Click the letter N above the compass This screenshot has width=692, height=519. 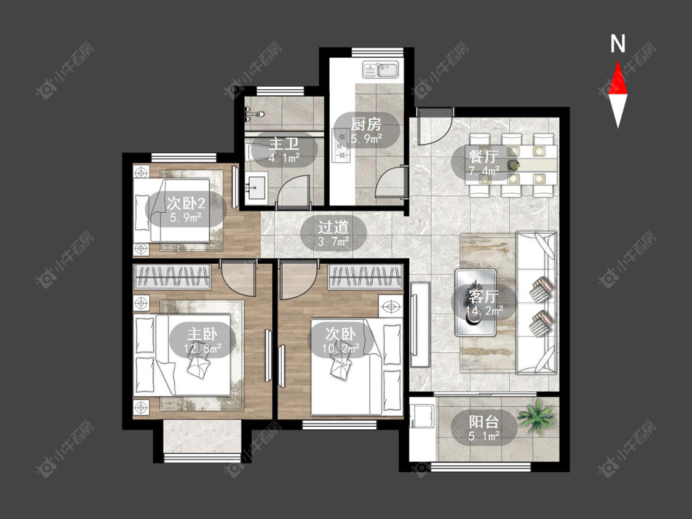tap(618, 44)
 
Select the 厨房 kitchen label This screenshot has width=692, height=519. tap(367, 125)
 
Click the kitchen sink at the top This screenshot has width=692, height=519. tap(380, 69)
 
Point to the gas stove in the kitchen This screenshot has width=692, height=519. tap(341, 144)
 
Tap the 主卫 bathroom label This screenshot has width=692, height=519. tap(284, 144)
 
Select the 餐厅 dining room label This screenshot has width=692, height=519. tap(484, 157)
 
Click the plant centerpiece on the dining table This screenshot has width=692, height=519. tap(513, 165)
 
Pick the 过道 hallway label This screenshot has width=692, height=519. tap(333, 228)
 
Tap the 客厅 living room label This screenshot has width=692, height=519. tap(483, 296)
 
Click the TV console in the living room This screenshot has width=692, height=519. tap(420, 325)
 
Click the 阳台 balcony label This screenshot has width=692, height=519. tap(483, 421)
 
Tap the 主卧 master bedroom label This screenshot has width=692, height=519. tap(202, 334)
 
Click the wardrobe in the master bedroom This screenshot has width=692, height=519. tap(172, 277)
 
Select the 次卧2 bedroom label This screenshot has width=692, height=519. tap(186, 204)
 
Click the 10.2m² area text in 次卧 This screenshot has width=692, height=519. tap(340, 349)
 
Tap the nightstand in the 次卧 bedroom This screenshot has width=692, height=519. tap(391, 306)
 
